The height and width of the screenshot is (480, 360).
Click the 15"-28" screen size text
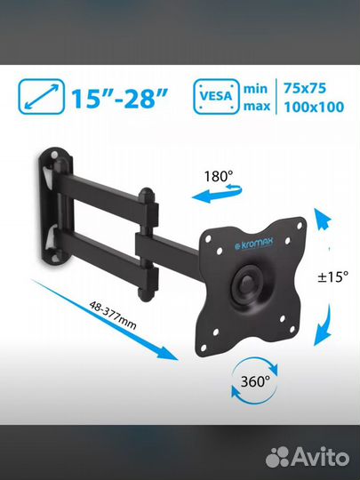click(120, 98)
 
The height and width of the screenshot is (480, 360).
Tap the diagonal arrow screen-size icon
click(41, 97)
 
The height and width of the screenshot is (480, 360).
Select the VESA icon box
click(216, 97)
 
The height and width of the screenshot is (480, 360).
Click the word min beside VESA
click(255, 89)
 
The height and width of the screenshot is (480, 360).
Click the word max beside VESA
click(257, 107)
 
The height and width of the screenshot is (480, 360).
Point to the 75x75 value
click(305, 88)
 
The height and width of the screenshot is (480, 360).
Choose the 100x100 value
click(314, 107)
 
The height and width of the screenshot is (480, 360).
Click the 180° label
click(219, 177)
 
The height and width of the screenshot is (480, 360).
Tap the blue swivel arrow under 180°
click(217, 194)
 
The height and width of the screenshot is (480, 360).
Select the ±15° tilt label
click(332, 277)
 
